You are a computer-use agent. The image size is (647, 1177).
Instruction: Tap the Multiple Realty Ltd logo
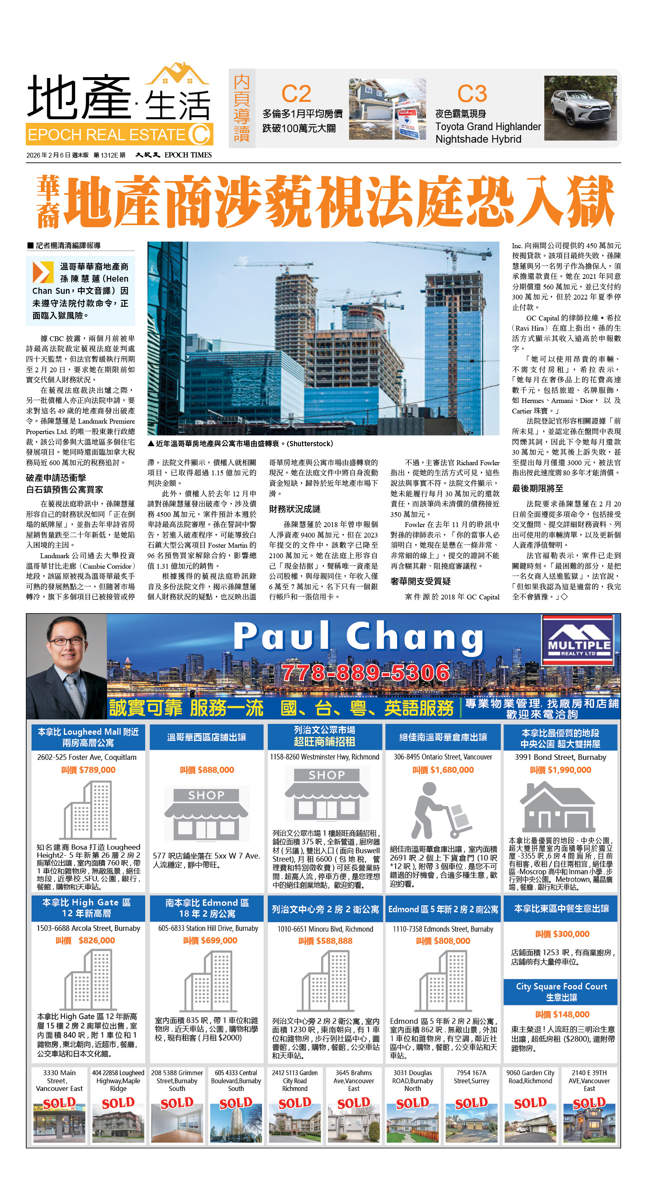578,641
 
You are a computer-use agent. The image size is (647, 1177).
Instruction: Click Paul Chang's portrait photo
67,667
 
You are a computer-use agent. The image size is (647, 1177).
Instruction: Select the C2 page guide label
296,94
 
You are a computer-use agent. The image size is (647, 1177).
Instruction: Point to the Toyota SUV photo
580,108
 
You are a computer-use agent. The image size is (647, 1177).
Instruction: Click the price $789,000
88,770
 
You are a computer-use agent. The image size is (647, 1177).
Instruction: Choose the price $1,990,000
560,770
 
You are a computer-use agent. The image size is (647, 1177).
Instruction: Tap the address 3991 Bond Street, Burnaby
560,757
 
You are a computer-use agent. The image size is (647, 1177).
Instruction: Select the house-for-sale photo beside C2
387,109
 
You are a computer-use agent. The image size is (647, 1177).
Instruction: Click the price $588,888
325,941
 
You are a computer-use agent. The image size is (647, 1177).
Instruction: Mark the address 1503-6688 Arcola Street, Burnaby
88,928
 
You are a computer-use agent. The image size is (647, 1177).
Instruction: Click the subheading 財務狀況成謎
294,509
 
